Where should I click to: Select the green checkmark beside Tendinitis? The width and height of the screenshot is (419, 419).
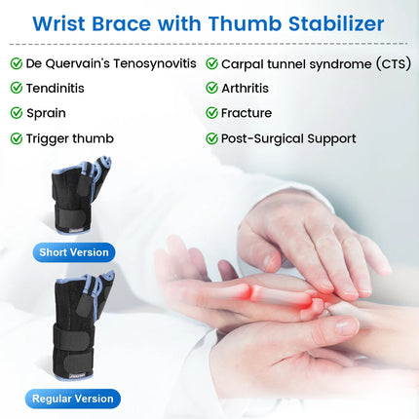tap(17, 88)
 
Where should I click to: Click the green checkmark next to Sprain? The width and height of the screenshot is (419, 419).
tap(17, 113)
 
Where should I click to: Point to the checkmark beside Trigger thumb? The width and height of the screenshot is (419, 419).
tap(17, 138)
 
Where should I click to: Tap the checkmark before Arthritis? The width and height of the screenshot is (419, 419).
tap(211, 88)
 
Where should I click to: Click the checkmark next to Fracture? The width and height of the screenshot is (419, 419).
tap(211, 113)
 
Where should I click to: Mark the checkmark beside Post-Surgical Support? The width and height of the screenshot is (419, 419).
tap(211, 138)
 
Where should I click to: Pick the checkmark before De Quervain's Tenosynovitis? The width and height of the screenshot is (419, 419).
tap(17, 63)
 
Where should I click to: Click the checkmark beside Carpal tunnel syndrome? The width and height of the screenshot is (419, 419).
tap(211, 63)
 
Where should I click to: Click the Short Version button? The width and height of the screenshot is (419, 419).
tap(73, 252)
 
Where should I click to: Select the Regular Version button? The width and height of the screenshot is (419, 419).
tap(75, 398)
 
